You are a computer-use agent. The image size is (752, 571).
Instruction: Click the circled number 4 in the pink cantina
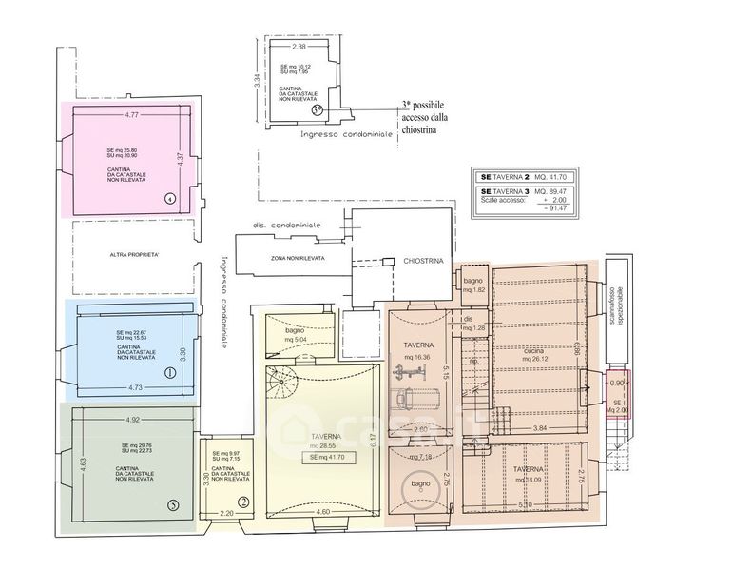point(168,199)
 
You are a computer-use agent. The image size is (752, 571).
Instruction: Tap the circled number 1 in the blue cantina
point(170,373)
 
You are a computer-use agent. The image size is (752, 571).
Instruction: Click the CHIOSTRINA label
point(423,259)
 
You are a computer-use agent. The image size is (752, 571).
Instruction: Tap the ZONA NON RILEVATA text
point(298,258)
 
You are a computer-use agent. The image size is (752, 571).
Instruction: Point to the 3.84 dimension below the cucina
point(540,430)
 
